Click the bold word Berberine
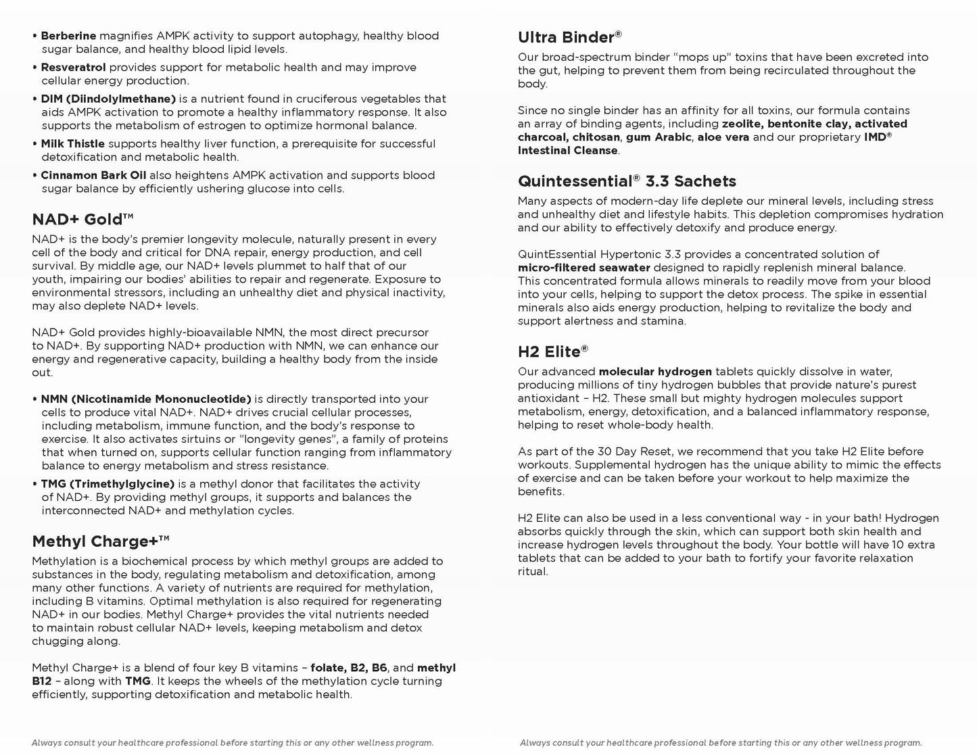tap(68, 36)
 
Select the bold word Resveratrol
tap(73, 68)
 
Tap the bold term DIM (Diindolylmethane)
tap(108, 99)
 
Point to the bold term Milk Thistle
tap(72, 144)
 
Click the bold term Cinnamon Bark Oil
tap(93, 176)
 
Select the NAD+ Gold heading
tap(82, 219)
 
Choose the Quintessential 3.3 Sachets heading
tap(627, 181)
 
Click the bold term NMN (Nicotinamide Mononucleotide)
tap(145, 399)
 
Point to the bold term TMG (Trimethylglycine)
tap(108, 484)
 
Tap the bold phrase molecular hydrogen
tap(655, 372)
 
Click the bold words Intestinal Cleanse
tap(568, 151)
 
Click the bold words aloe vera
tap(723, 137)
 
